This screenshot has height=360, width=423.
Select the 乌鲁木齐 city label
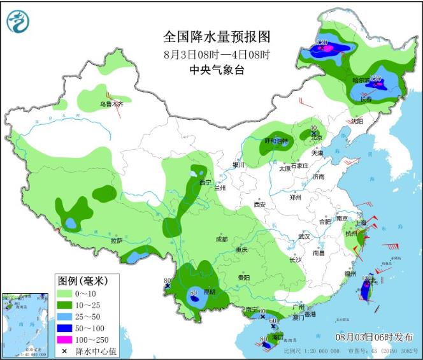pos(110,103)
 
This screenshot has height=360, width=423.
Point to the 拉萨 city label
pos(116,241)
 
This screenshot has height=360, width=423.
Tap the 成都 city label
pos(221,239)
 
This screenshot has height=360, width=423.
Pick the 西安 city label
pos(259,205)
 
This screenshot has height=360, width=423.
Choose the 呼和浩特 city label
pos(276,141)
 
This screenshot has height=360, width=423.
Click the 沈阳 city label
pos(356,120)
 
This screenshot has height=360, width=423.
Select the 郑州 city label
pos(296,198)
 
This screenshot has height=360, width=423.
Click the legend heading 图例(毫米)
pos(83,280)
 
